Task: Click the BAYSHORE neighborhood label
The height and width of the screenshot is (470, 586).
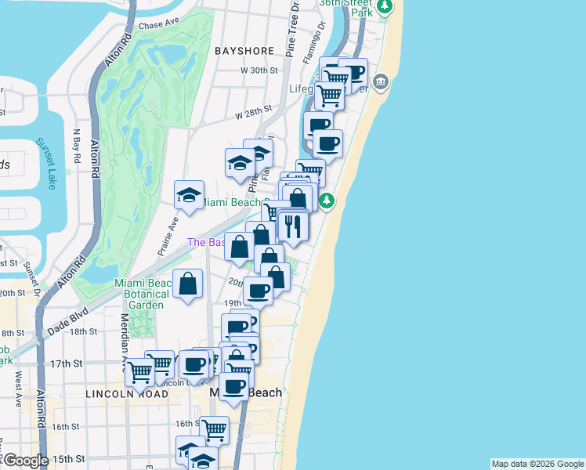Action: point(244,51)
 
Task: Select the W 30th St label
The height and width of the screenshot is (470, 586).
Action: point(259,70)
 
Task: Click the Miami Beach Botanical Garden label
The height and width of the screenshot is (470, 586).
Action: point(141,294)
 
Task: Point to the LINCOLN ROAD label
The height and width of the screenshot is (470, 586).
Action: point(128,395)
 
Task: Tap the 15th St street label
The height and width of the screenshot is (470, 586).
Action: point(68,458)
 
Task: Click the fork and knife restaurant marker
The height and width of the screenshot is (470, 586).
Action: point(293,226)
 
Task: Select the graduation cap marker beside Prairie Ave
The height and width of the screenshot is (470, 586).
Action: point(188,196)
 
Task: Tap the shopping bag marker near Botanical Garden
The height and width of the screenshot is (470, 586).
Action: point(188,284)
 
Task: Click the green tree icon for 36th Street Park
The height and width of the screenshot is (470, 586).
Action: point(384,8)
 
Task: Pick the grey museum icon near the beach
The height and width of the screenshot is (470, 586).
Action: point(381,81)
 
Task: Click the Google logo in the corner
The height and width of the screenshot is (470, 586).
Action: point(25,461)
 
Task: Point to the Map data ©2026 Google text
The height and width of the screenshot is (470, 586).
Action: point(537,464)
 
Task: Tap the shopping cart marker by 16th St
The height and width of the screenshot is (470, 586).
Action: point(214,429)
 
